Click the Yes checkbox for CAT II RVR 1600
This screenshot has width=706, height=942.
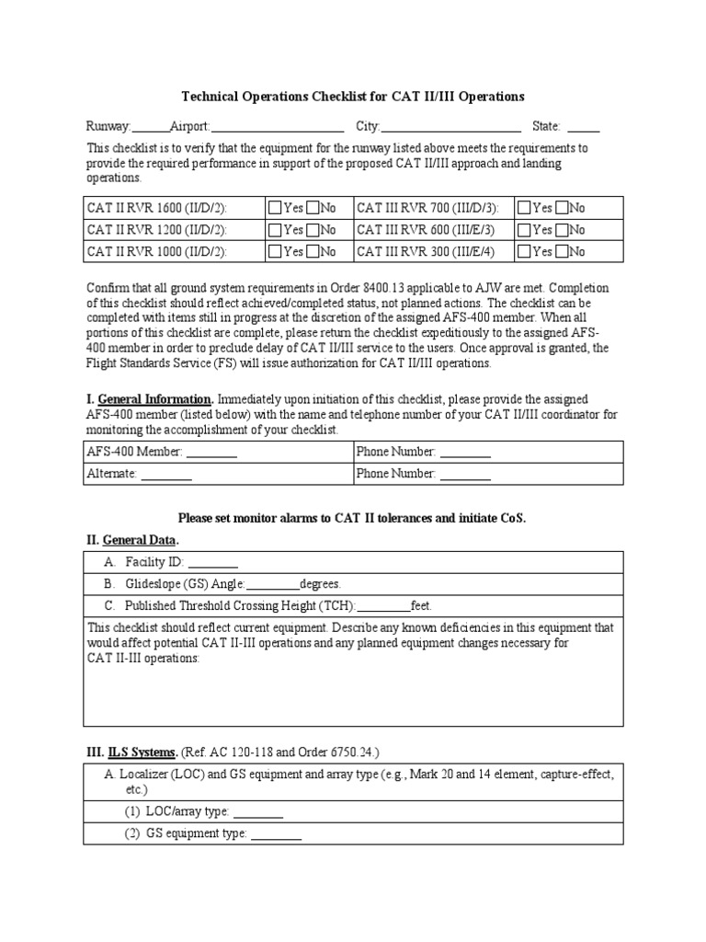pos(275,208)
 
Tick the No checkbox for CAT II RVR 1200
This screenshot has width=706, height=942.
pos(313,230)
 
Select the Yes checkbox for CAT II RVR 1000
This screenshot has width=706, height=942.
pos(275,251)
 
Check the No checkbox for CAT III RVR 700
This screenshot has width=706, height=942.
pos(564,208)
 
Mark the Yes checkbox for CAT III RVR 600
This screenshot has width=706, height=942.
pos(525,230)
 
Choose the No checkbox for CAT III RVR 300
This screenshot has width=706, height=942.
pos(564,251)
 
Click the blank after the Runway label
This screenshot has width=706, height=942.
pos(151,128)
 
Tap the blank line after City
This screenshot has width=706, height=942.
pos(450,128)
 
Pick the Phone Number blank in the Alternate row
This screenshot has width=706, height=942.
pos(464,475)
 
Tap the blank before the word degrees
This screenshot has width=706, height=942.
pos(273,584)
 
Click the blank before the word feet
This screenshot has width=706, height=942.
pos(383,606)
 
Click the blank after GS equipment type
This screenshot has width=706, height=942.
pos(276,834)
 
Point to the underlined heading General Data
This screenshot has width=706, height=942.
pos(140,540)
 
